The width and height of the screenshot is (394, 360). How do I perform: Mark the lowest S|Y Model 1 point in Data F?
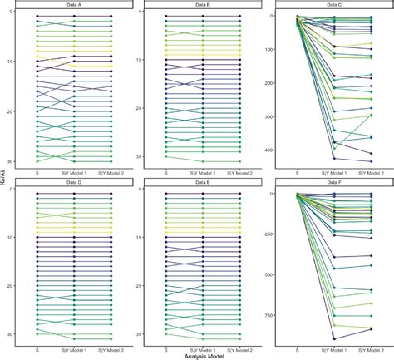click(x=334, y=339)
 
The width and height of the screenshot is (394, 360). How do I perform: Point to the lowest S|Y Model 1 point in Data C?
click(x=334, y=158)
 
